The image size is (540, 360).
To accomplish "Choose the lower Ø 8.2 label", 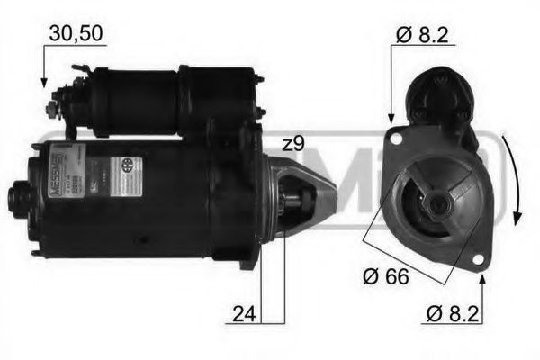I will pyautogui.click(x=457, y=314).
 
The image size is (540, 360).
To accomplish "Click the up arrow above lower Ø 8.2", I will pyautogui.click(x=482, y=281).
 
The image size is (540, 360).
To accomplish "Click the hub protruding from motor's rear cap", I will pyautogui.click(x=20, y=193).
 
